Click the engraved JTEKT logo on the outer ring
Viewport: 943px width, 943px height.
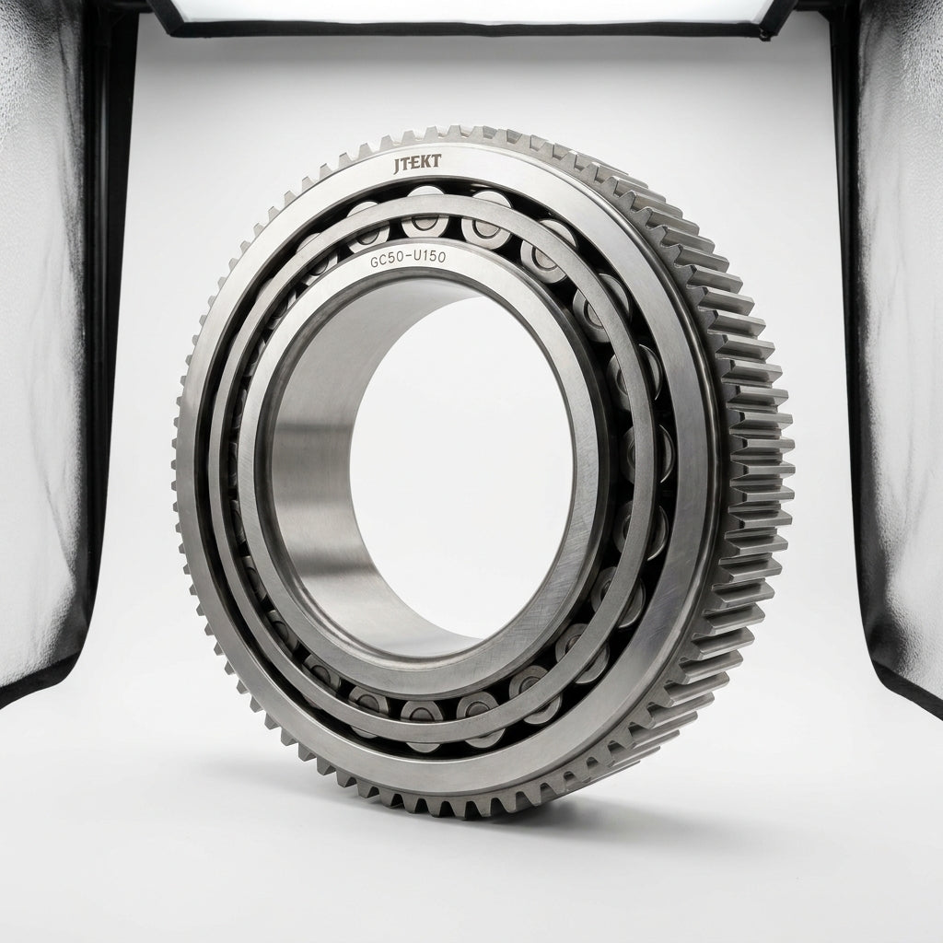[417, 164]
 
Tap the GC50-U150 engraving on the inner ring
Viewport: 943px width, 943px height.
[408, 259]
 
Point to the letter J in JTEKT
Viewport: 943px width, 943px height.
[398, 166]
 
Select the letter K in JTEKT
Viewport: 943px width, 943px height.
[426, 162]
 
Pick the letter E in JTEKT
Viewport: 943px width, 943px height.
[416, 164]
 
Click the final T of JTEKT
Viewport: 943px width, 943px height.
[437, 161]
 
